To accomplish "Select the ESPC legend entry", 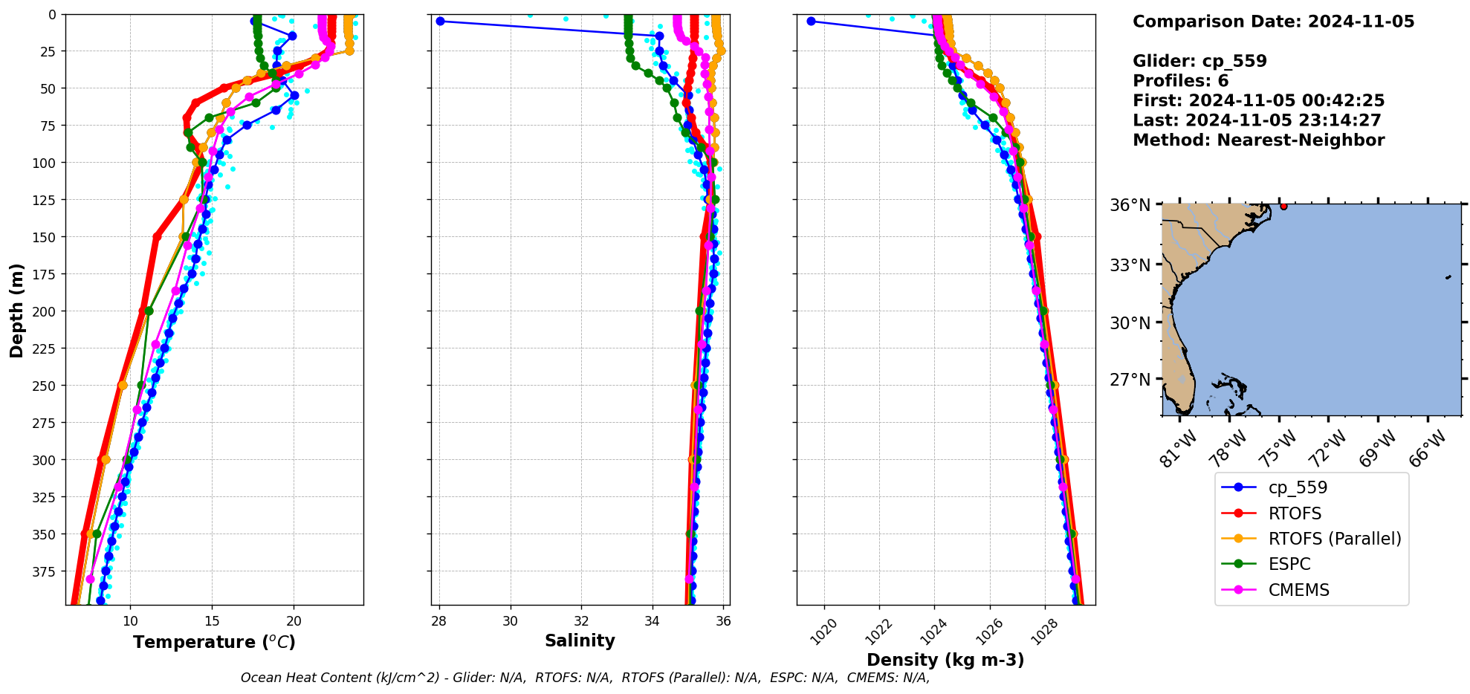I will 1289,564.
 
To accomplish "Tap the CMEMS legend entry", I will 1298,590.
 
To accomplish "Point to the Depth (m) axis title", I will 16,310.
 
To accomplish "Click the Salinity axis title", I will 580,641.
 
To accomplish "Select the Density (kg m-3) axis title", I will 945,660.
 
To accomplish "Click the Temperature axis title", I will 214,642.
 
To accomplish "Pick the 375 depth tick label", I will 45,571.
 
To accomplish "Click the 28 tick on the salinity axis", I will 439,620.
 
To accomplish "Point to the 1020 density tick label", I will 823,632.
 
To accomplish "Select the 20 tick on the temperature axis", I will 294,620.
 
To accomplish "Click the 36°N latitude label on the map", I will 1130,205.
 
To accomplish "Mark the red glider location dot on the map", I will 1283,206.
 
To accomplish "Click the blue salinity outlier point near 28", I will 440,22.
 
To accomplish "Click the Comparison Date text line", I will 1273,22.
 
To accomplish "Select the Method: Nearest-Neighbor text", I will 1258,140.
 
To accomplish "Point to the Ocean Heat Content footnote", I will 585,678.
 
